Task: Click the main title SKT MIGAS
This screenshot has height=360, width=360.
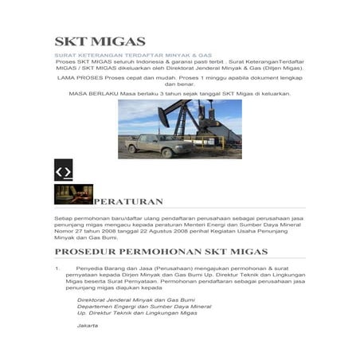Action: [100, 41]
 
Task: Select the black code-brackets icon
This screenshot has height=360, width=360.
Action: [63, 171]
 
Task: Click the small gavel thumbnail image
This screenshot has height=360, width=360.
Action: [73, 194]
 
